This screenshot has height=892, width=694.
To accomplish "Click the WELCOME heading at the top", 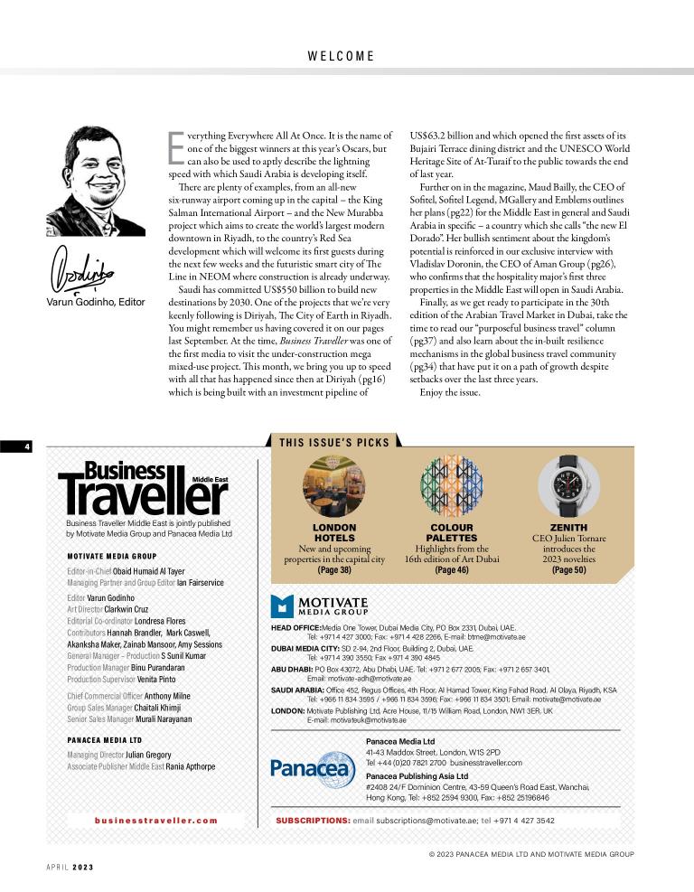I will coord(341,56).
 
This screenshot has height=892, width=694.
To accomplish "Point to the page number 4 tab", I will coord(16,446).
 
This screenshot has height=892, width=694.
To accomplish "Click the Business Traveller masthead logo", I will coord(143,489).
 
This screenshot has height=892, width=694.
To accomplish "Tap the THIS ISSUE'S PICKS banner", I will coord(334,443).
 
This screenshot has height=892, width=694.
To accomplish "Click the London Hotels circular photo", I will coord(333,485).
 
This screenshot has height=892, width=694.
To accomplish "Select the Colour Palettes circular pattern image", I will coord(451,485).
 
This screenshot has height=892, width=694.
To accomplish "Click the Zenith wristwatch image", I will coord(567,485).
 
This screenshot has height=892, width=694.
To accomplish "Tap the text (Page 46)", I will coord(451,570).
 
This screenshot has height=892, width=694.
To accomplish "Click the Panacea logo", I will coord(313,769).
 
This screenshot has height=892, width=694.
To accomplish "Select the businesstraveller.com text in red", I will coord(156,821).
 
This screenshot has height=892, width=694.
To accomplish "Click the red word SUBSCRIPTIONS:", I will coord(313,821).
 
